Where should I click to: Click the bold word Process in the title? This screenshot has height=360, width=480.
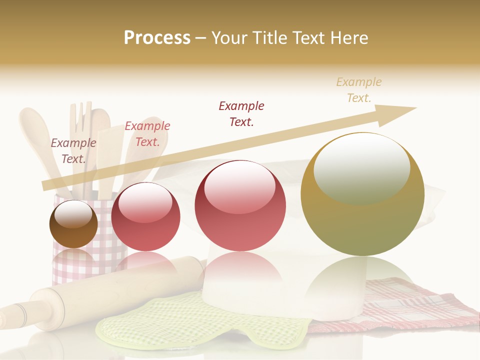pyautogui.click(x=157, y=38)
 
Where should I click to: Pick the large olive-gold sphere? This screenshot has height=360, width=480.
pyautogui.click(x=362, y=220)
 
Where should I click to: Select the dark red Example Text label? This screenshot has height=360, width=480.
pyautogui.click(x=241, y=113)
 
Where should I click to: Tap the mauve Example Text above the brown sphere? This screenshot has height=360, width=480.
pyautogui.click(x=73, y=150)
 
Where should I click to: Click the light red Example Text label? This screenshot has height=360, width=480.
pyautogui.click(x=147, y=133)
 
